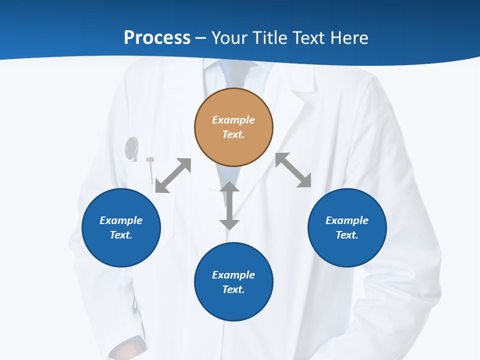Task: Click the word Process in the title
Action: [x=157, y=38]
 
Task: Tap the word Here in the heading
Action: [x=348, y=38]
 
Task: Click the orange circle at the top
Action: [x=233, y=127]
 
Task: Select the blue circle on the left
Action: [x=121, y=227]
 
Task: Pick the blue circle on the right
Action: [x=347, y=227]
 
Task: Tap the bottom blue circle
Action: [x=233, y=282]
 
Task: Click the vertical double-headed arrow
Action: [x=229, y=205]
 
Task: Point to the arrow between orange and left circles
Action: [x=173, y=175]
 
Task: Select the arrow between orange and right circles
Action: [x=293, y=170]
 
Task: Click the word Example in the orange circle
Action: [x=233, y=120]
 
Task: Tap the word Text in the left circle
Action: [x=121, y=235]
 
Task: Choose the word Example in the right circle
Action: [x=347, y=220]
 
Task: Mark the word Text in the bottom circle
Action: [x=233, y=289]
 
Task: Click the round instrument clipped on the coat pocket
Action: [x=131, y=148]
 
